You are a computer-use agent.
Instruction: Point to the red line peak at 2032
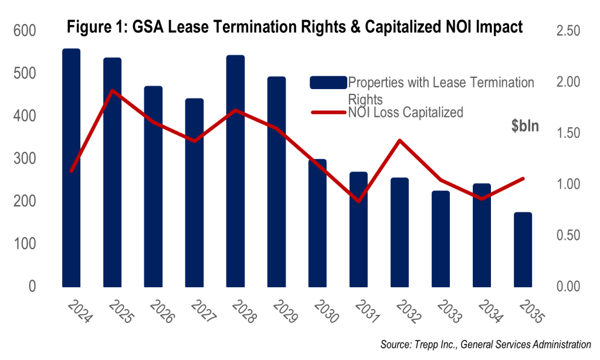click(x=399, y=140)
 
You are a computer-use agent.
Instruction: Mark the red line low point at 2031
click(x=358, y=201)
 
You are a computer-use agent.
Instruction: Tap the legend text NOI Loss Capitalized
click(x=405, y=112)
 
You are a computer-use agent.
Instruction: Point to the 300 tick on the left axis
click(x=24, y=158)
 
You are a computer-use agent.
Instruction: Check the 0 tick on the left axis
click(x=32, y=286)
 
